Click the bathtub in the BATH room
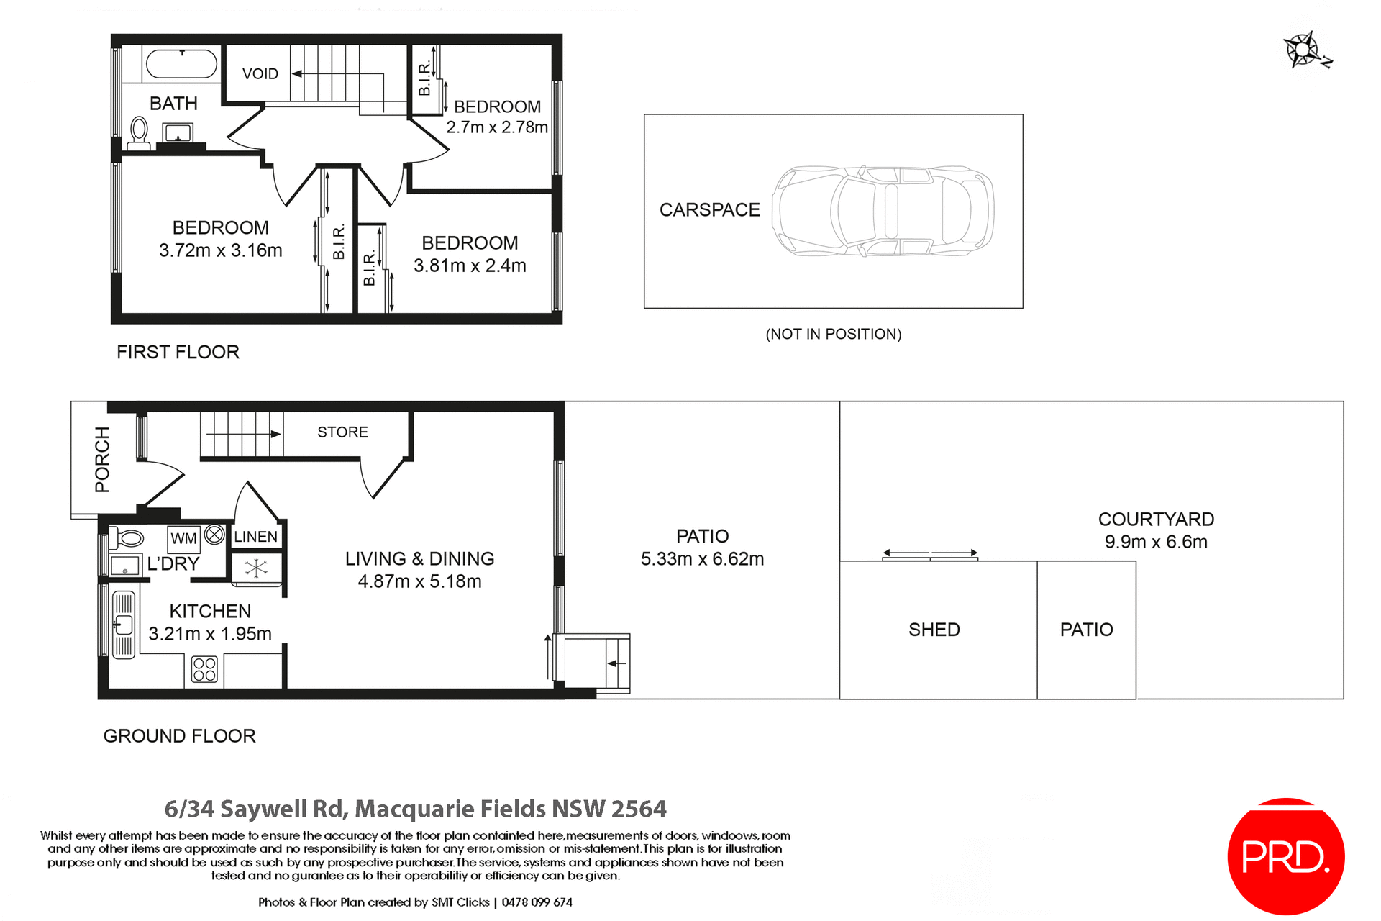click(x=181, y=64)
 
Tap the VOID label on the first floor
click(x=260, y=74)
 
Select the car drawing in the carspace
click(x=883, y=211)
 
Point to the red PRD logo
click(x=1285, y=856)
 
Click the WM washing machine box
click(x=183, y=538)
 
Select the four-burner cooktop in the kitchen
click(x=204, y=669)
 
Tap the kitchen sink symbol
click(x=124, y=625)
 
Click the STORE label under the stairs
click(x=342, y=432)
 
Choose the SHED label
click(x=934, y=630)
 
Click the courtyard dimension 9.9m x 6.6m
click(x=1156, y=542)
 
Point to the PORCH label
click(x=102, y=459)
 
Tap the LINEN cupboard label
click(x=255, y=537)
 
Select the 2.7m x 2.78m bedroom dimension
click(x=497, y=127)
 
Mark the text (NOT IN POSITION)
click(x=833, y=334)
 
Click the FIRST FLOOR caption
click(x=178, y=352)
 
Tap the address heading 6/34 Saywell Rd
click(x=415, y=809)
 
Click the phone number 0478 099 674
click(x=537, y=902)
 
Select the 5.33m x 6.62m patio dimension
click(x=702, y=559)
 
